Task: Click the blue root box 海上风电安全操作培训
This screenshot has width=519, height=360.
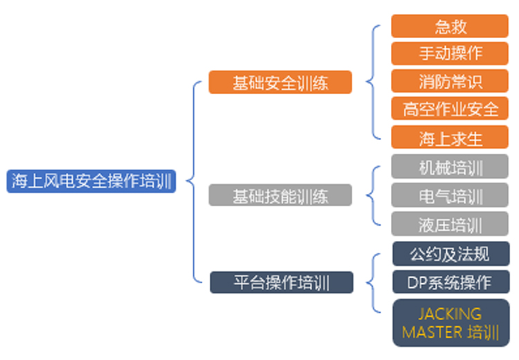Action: tap(91, 181)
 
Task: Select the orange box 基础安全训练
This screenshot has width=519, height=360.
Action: tap(280, 82)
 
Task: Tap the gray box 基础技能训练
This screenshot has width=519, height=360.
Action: tap(280, 195)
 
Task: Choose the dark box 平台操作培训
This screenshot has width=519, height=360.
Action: tap(282, 282)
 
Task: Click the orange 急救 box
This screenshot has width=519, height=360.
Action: tap(450, 26)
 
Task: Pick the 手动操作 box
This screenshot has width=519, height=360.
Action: tap(450, 53)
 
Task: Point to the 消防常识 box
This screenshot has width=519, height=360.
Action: tap(450, 81)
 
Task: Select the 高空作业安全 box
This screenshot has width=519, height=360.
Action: tap(450, 108)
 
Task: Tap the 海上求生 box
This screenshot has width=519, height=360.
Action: tap(450, 137)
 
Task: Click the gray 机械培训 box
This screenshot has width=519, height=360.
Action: tap(450, 166)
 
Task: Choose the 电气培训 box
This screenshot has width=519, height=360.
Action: tap(450, 195)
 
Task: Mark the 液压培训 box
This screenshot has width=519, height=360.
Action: tap(450, 224)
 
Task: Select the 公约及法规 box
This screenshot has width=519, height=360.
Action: tap(451, 253)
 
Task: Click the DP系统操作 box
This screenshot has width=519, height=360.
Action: tap(451, 282)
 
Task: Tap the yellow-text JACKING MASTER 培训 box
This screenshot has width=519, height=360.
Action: tap(451, 323)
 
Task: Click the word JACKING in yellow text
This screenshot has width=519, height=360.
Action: tap(450, 314)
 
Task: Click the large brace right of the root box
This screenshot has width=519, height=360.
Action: tap(194, 181)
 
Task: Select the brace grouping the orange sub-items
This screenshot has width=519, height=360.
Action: tap(374, 82)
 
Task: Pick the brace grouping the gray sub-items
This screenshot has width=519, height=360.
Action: tap(374, 195)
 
